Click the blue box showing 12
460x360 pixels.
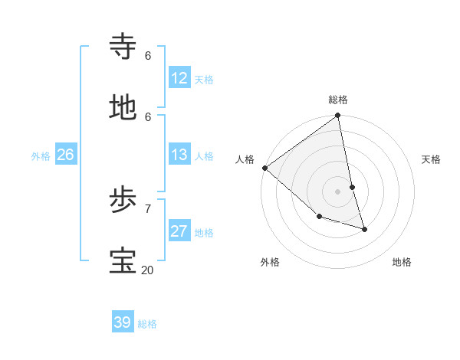pyautogui.click(x=179, y=79)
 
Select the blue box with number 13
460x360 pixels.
pyautogui.click(x=179, y=155)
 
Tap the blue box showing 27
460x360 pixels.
pyautogui.click(x=179, y=232)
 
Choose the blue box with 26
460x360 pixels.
pyautogui.click(x=65, y=155)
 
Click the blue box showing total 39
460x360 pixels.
pyautogui.click(x=123, y=322)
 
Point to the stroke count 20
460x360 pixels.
pyautogui.click(x=147, y=270)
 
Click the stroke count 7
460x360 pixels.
pyautogui.click(x=147, y=208)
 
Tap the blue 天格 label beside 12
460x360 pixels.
pyautogui.click(x=203, y=80)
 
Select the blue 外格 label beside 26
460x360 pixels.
pyautogui.click(x=41, y=156)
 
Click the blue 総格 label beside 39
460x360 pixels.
pyautogui.click(x=147, y=324)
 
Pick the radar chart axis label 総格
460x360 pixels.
pyautogui.click(x=338, y=100)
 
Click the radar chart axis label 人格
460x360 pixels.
pyautogui.click(x=245, y=159)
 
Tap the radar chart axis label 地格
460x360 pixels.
pyautogui.click(x=402, y=262)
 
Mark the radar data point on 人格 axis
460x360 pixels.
pyautogui.click(x=264, y=168)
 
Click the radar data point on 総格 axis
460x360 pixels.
pyautogui.click(x=338, y=116)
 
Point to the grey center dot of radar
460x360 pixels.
pyautogui.click(x=338, y=191)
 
